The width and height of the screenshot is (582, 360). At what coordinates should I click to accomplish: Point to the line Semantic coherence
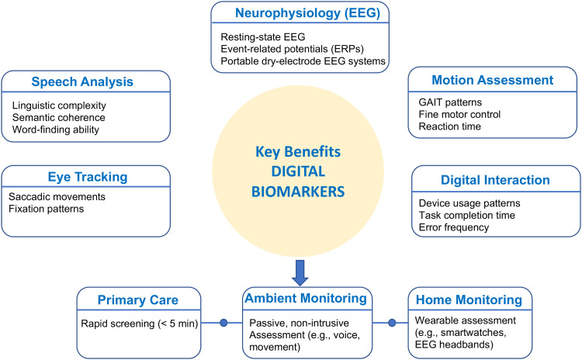[x=60, y=117]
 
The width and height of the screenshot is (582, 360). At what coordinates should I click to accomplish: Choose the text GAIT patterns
[x=451, y=102]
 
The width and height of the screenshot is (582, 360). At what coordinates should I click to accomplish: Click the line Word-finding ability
[x=56, y=130]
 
